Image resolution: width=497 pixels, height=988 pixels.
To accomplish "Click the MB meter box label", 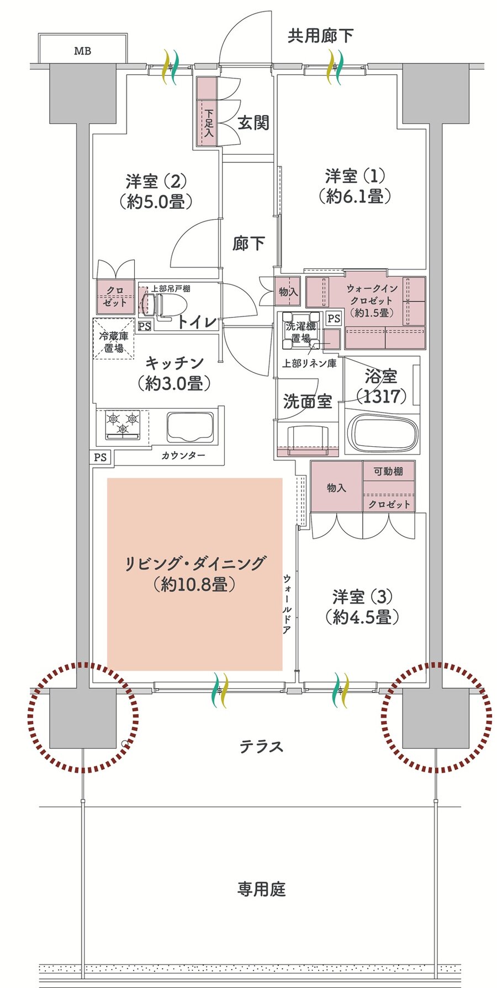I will (83, 51).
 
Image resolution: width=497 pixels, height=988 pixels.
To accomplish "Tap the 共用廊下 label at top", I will (320, 36).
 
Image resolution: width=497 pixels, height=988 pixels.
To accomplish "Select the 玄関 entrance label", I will (253, 123).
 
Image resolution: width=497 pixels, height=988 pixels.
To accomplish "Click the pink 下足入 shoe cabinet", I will (207, 112).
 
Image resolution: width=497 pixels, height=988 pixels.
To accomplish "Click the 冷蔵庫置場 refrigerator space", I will (114, 339).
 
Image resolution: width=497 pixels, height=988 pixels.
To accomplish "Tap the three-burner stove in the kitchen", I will (123, 425).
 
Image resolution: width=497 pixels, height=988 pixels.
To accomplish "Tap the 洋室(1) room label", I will (355, 177).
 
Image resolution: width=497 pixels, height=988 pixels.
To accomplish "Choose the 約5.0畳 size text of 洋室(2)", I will (156, 201).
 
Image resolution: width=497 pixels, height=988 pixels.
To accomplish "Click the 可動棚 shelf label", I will (388, 471).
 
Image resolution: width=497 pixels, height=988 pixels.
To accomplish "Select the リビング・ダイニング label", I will (195, 563).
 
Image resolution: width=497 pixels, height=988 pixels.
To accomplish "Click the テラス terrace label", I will (261, 747).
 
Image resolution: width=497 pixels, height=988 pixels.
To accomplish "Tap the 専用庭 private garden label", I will (261, 889).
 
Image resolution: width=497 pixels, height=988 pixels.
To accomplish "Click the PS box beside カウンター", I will (101, 457).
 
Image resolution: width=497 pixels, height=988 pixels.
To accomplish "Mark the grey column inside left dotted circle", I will (83, 718).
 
